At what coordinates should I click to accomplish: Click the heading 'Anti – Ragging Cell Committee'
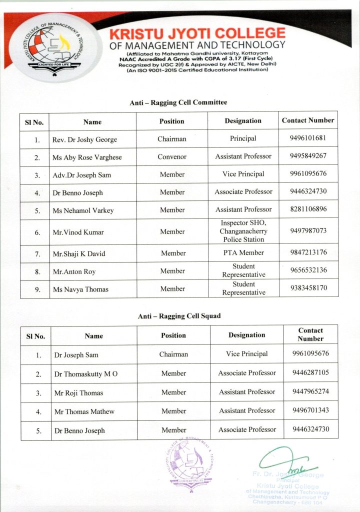coord(178,102)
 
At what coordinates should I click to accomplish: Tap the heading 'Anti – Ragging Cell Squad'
coord(179,316)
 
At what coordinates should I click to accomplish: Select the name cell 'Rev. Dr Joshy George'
coord(84,139)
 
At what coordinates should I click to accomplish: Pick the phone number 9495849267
coord(308,156)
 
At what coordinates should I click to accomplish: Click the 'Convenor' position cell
coord(172,156)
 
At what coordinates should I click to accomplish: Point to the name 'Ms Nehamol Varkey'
coord(83,210)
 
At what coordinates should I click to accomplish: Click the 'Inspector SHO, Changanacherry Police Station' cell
coord(243,231)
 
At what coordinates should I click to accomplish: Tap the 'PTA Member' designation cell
coord(243,253)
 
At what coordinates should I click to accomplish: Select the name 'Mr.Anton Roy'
coord(74,272)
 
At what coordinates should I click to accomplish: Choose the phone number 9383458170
coord(308,288)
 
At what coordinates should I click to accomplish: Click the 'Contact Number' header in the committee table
coord(308,120)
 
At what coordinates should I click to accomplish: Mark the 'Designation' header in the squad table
coord(247,335)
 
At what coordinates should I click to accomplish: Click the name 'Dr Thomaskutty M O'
coord(86,374)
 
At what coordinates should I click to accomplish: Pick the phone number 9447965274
coord(310,391)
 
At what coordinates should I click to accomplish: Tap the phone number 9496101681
coord(308,138)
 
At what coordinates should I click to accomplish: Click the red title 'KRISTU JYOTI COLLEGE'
coord(197,34)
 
